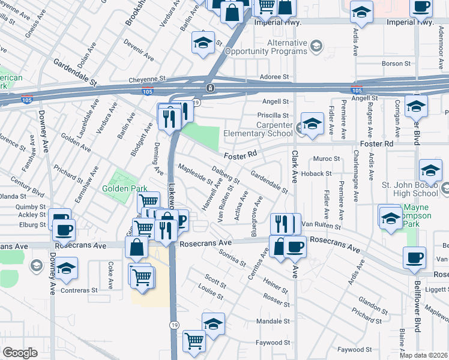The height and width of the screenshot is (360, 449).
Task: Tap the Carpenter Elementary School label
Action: tap(258, 129)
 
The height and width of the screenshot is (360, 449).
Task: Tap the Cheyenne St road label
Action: tap(146, 79)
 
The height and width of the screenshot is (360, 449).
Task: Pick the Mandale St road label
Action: tap(273, 322)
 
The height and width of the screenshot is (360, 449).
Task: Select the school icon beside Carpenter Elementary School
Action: tap(312, 124)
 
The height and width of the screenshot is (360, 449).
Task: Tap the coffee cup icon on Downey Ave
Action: tap(64, 229)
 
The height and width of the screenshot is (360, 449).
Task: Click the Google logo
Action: tap(20, 353)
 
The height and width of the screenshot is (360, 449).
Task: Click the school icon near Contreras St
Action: tap(66, 269)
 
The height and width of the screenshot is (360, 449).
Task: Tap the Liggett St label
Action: tap(435, 289)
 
